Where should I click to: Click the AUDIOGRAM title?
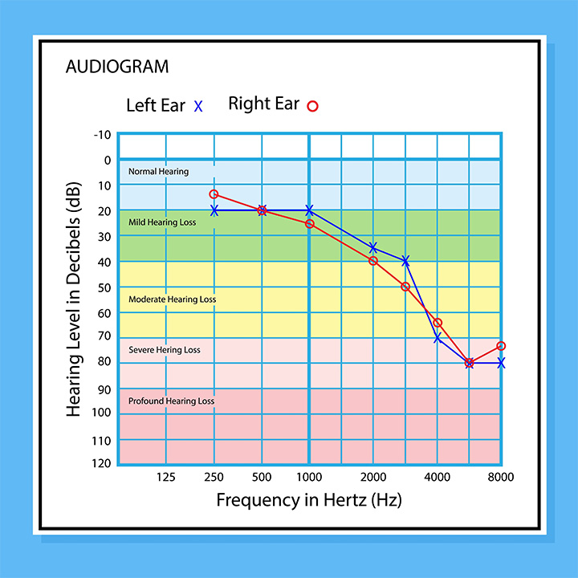[117, 67]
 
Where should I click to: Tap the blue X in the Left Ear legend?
[199, 105]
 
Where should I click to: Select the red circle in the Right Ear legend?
[313, 105]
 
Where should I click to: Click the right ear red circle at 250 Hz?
[214, 194]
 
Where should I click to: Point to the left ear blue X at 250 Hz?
[214, 210]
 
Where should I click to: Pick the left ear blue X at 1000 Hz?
[309, 210]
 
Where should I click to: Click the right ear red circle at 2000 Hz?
[373, 261]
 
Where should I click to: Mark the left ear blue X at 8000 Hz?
[501, 363]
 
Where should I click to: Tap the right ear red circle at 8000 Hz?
[501, 346]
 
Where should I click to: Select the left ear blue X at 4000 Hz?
[438, 338]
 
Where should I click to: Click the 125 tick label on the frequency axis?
[166, 477]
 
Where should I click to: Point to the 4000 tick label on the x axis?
[437, 477]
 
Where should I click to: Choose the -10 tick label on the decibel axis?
[102, 134]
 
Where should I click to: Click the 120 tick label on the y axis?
[101, 463]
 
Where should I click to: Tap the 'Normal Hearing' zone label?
[158, 171]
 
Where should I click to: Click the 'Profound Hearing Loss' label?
[171, 401]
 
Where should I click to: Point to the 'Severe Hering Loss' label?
[165, 350]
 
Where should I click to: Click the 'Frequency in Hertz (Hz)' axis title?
[309, 500]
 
